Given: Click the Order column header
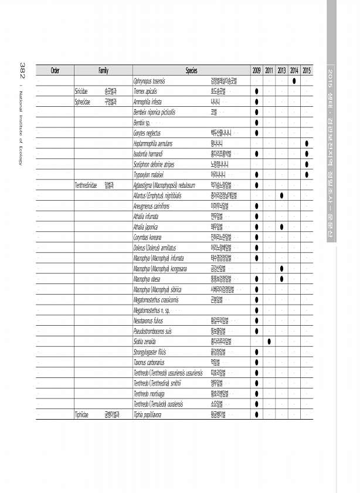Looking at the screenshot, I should coord(55,70).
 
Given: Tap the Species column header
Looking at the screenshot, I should coord(191,70).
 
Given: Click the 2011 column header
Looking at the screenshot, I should coord(269,70).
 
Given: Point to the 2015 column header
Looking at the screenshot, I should coord(307,70).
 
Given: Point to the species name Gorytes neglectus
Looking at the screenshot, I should coord(148,133).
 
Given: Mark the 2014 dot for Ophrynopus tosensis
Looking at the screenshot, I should coord(294,81).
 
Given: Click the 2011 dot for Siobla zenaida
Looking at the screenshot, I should coord(269,341).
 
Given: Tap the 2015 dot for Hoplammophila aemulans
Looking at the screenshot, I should coord(307,144).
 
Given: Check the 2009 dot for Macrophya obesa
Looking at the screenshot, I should coord(257,279).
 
